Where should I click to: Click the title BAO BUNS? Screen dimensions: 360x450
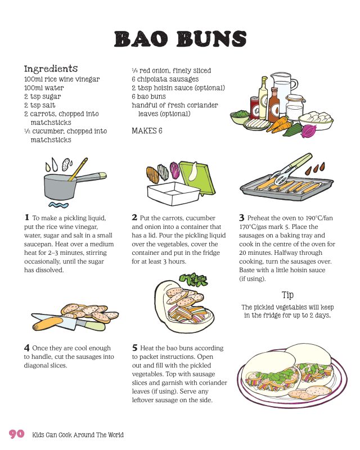click(x=181, y=39)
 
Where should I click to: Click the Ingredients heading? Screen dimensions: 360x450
click(x=51, y=69)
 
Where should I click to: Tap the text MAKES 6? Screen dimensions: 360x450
click(x=147, y=131)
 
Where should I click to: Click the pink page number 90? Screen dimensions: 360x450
click(x=17, y=433)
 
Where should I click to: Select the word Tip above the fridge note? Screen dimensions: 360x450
click(x=287, y=295)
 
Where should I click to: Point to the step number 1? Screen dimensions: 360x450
click(x=27, y=217)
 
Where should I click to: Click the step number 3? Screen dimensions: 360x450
click(x=242, y=218)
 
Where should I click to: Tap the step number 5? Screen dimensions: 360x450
click(x=135, y=348)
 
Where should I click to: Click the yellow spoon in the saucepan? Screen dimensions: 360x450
click(x=78, y=169)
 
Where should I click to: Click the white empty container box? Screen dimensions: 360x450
click(x=172, y=193)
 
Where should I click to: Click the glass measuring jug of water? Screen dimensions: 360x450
click(x=283, y=92)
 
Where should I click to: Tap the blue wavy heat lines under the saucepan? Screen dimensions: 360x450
click(x=58, y=205)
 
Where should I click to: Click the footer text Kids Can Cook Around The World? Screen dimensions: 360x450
click(x=78, y=435)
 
